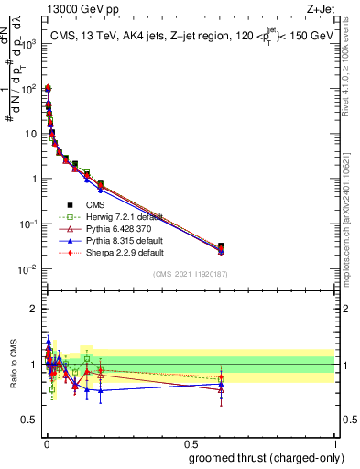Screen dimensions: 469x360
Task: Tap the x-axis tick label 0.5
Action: (190, 443)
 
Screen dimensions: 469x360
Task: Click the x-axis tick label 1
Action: (334, 443)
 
